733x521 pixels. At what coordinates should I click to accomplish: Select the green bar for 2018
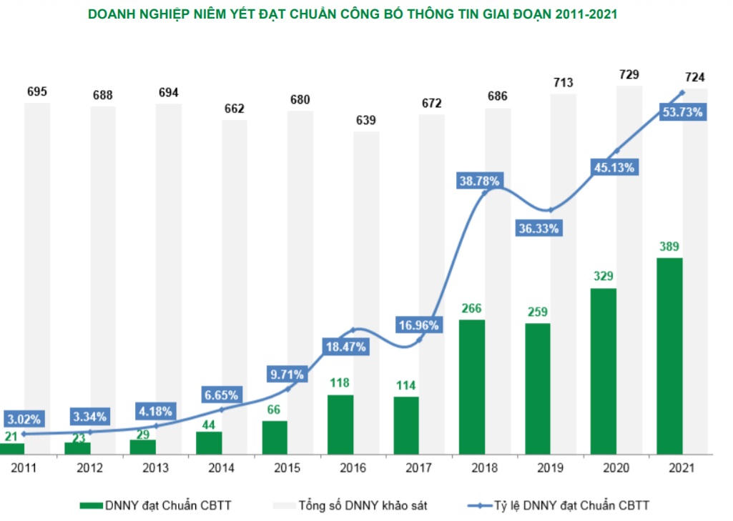pyautogui.click(x=472, y=386)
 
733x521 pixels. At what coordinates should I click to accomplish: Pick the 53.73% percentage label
pyautogui.click(x=682, y=112)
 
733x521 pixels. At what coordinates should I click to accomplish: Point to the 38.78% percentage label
pyautogui.click(x=480, y=182)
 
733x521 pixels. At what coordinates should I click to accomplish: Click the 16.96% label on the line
pyautogui.click(x=419, y=325)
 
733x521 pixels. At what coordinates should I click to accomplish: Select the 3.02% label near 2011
pyautogui.click(x=24, y=418)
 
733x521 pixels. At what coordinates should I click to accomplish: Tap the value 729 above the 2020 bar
pyautogui.click(x=629, y=74)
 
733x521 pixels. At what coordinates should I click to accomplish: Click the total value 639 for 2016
pyautogui.click(x=365, y=120)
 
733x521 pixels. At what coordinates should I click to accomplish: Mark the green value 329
pyautogui.click(x=604, y=277)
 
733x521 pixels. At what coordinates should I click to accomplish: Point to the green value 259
pyautogui.click(x=537, y=312)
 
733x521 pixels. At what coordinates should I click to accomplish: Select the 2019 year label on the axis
pyautogui.click(x=550, y=468)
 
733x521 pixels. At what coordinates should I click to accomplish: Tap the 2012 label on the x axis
pyautogui.click(x=90, y=468)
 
